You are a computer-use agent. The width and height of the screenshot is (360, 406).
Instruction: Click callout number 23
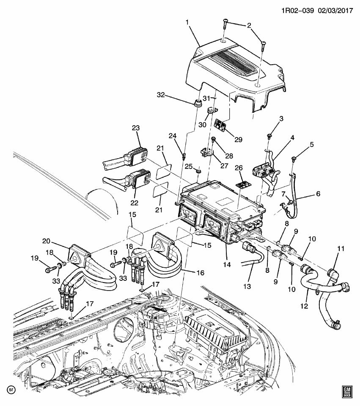point(135,128)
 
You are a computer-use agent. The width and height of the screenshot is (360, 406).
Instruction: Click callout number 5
point(312,145)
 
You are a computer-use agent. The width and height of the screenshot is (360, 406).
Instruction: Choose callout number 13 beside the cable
point(247,286)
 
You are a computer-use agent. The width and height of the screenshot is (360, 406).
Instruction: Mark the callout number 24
point(173,136)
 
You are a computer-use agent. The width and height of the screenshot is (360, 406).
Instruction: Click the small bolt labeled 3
point(269,136)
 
